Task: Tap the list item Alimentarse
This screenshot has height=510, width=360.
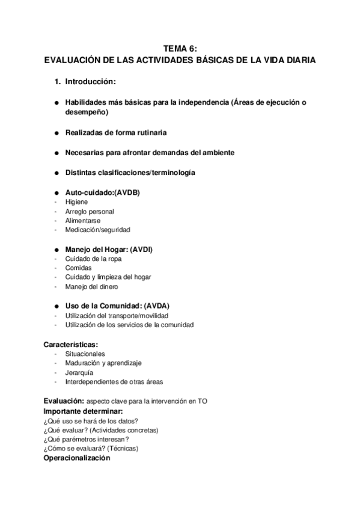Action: (82, 221)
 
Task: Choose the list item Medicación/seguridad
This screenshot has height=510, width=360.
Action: (97, 230)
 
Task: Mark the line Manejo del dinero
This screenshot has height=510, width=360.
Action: (91, 286)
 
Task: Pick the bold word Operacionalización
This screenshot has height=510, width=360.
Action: (77, 458)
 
